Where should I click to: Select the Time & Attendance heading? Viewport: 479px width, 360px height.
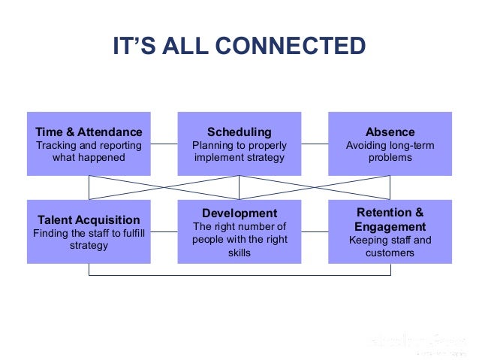tap(89, 132)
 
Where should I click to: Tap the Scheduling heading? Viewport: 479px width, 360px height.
tap(239, 132)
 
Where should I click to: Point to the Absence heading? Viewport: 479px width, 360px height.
tap(390, 132)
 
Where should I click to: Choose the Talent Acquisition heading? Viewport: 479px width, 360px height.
tap(89, 219)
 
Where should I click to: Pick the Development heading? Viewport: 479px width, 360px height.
tap(239, 213)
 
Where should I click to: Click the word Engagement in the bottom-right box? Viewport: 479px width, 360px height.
tap(390, 226)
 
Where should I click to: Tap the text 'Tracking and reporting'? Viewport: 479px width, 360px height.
tap(89, 145)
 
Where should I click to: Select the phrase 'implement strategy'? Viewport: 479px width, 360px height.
tap(239, 158)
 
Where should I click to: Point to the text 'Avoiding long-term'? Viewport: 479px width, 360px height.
tap(390, 145)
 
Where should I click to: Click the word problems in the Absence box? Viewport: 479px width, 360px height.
tap(390, 158)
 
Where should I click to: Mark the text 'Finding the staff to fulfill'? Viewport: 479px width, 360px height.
tap(89, 233)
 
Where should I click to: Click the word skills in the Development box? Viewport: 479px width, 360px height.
tap(239, 253)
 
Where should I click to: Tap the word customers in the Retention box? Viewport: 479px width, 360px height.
tap(390, 253)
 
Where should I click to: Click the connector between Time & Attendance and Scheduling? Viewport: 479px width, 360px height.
tap(164, 144)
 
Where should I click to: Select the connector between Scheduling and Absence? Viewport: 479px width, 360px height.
tap(315, 144)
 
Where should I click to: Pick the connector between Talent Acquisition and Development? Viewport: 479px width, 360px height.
tap(164, 231)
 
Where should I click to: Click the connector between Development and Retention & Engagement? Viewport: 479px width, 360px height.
tap(315, 231)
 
